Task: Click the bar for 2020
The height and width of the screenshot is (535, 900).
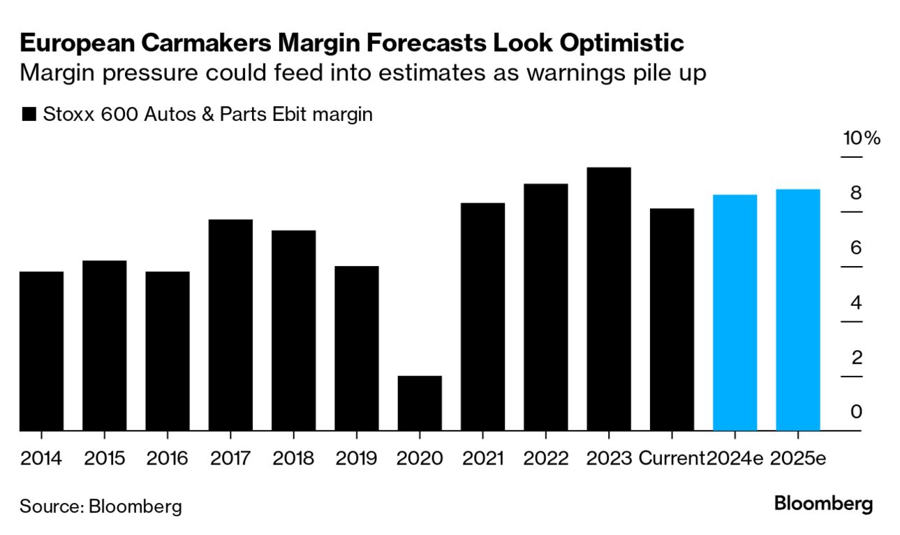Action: [420, 403]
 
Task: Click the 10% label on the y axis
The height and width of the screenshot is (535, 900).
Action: [862, 138]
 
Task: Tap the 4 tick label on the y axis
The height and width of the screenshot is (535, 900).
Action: [855, 303]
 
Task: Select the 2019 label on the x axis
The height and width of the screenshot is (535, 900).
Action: [356, 459]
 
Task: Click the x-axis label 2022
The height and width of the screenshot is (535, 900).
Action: [545, 459]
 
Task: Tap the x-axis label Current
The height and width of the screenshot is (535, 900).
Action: [672, 459]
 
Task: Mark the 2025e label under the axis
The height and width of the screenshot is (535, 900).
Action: [798, 459]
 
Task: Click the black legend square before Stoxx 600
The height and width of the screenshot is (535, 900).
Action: [29, 115]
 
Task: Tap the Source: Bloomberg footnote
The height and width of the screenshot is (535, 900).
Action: [101, 506]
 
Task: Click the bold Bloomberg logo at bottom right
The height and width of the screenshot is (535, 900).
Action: [824, 504]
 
